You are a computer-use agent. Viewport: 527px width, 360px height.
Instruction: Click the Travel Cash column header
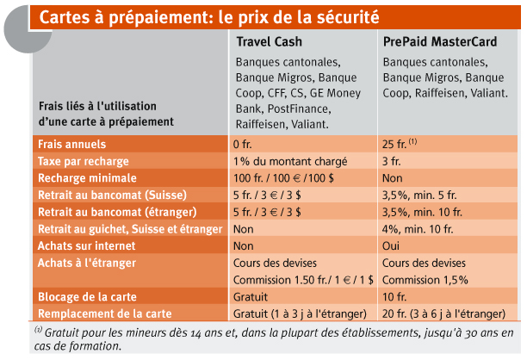pyautogui.click(x=269, y=41)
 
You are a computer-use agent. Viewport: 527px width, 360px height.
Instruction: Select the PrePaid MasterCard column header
pyautogui.click(x=440, y=41)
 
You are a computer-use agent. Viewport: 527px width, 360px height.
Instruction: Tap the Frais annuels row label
pyautogui.click(x=72, y=144)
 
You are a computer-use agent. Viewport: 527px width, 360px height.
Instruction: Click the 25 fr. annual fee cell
pyautogui.click(x=400, y=144)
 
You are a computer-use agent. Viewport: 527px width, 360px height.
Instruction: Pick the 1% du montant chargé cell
pyautogui.click(x=290, y=161)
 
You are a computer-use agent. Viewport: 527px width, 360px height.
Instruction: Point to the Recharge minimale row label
pyautogui.click(x=87, y=178)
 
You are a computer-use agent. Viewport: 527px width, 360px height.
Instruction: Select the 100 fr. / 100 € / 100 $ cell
pyautogui.click(x=283, y=178)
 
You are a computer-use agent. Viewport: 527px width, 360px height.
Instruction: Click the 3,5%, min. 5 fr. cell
pyautogui.click(x=419, y=196)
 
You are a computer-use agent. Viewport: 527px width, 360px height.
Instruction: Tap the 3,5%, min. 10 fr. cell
pyautogui.click(x=422, y=212)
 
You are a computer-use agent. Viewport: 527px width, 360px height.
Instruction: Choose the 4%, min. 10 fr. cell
pyautogui.click(x=418, y=229)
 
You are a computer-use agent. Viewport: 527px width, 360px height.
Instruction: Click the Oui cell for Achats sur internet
pyautogui.click(x=391, y=246)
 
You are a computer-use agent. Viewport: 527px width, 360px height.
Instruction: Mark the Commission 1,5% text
pyautogui.click(x=425, y=280)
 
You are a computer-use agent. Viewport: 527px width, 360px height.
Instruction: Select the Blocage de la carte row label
pyautogui.click(x=87, y=297)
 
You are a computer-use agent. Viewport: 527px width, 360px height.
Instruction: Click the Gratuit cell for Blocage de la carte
pyautogui.click(x=251, y=297)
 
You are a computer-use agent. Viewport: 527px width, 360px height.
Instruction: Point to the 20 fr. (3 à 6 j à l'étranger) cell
pyautogui.click(x=443, y=314)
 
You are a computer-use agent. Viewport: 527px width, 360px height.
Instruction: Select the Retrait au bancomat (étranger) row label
pyautogui.click(x=117, y=212)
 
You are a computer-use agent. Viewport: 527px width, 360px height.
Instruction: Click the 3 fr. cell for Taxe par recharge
pyautogui.click(x=391, y=161)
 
